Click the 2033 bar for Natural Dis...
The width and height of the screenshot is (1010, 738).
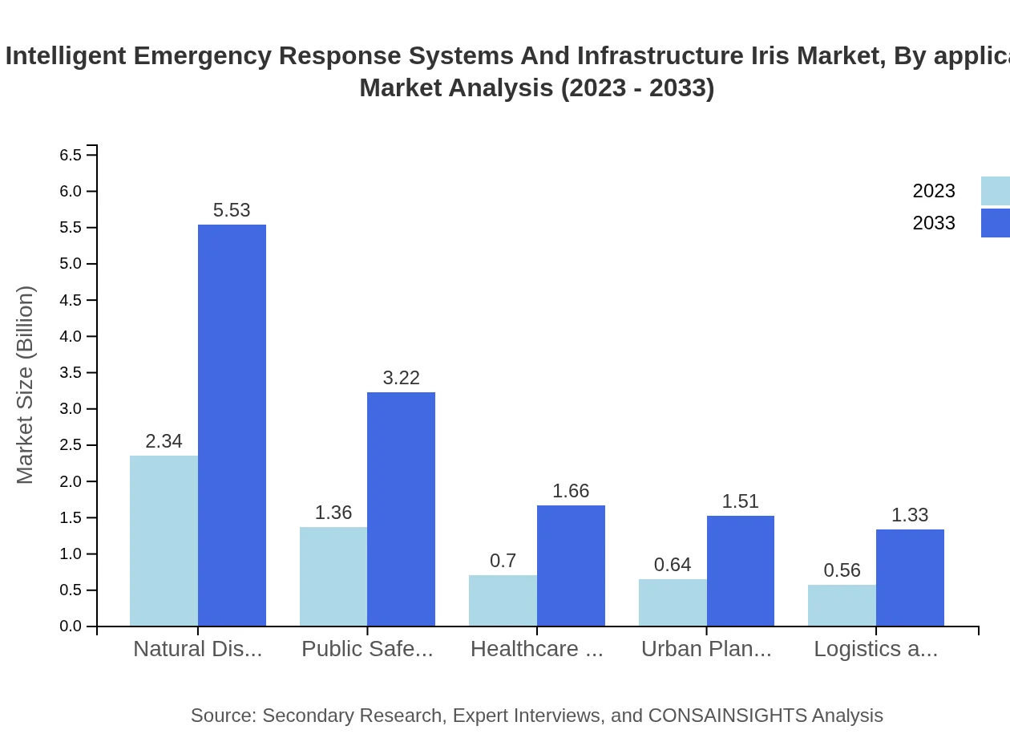[x=232, y=425]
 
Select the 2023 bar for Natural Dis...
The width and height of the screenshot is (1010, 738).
[x=164, y=541]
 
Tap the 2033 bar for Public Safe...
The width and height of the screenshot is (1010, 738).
[x=401, y=509]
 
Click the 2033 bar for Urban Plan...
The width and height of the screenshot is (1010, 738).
[x=741, y=570]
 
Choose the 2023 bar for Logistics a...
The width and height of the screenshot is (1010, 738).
[x=842, y=605]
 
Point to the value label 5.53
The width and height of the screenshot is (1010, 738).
[x=232, y=210]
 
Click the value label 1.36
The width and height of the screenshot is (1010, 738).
[x=333, y=513]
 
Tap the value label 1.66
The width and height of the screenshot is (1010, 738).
[x=571, y=491]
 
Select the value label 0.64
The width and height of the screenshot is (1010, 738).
[x=673, y=565]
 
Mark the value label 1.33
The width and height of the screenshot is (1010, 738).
[x=910, y=515]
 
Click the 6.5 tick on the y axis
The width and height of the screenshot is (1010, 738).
[x=71, y=155]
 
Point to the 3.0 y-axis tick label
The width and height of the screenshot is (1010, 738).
[x=71, y=409]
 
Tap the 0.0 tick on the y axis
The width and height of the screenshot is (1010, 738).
[x=71, y=626]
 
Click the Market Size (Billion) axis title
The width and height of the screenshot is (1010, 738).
[x=26, y=385]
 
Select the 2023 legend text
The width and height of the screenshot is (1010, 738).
[x=934, y=191]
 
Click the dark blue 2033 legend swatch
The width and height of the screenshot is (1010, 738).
[x=995, y=223]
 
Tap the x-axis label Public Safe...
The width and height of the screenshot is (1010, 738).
[x=367, y=649]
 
